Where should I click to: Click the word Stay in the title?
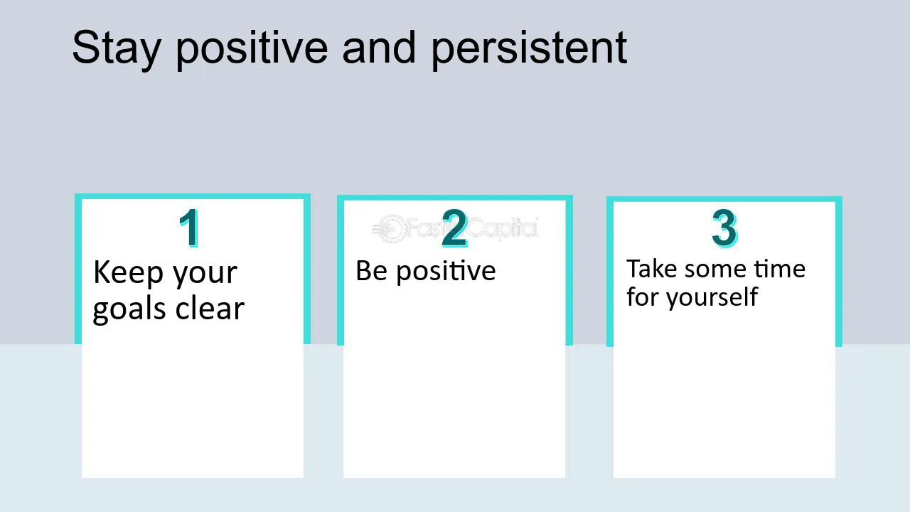coord(117,49)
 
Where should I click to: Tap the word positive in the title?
coord(252,49)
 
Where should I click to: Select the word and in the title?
coord(379,47)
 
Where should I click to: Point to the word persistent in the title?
coord(529,49)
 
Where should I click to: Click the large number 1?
coord(189,228)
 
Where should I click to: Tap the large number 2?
coord(454,228)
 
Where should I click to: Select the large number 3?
coord(724,228)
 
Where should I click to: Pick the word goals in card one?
coord(130,310)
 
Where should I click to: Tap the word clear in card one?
coord(210,308)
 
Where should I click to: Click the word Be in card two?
coord(371,271)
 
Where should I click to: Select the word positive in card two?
coord(446,272)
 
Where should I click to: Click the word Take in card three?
coord(652,269)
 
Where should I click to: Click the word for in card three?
coord(643,297)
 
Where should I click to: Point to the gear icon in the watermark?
coord(391,229)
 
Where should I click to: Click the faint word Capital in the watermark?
coord(503,228)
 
